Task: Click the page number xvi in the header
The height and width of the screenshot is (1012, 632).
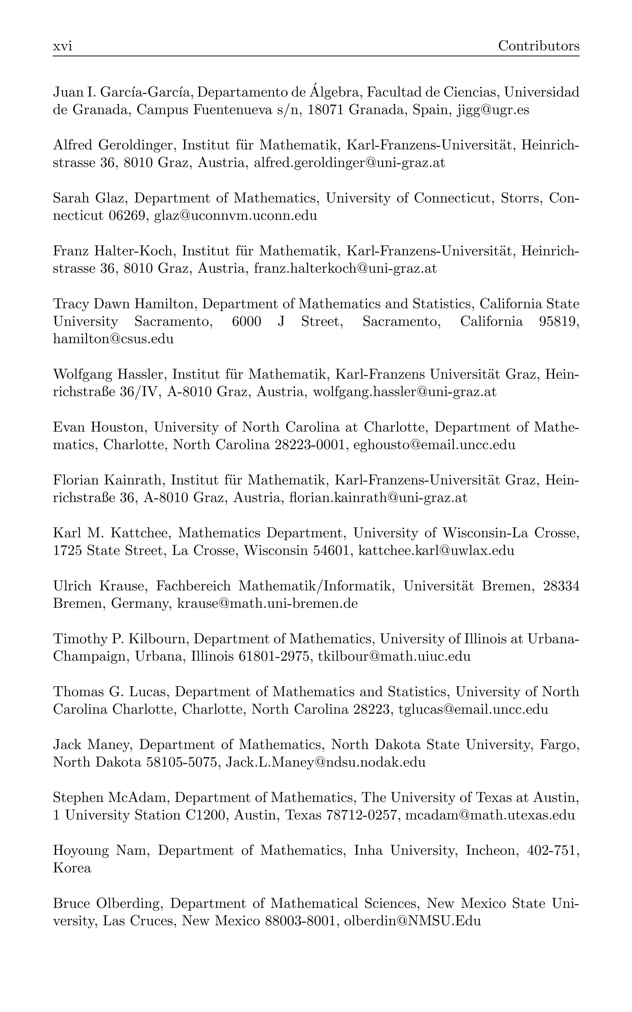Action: [62, 46]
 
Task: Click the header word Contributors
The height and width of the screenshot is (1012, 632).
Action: [538, 46]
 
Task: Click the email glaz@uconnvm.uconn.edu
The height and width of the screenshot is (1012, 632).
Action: [235, 216]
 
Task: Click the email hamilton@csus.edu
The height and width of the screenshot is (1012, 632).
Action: [113, 339]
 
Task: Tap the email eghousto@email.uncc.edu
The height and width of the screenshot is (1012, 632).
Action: [434, 444]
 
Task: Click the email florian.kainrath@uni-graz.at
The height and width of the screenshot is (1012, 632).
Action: [378, 498]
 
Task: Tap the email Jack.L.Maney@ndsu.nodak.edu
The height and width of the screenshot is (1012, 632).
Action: [325, 762]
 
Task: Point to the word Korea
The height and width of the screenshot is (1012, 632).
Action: [72, 868]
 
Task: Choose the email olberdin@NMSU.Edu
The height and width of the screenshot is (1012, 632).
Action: [412, 921]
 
